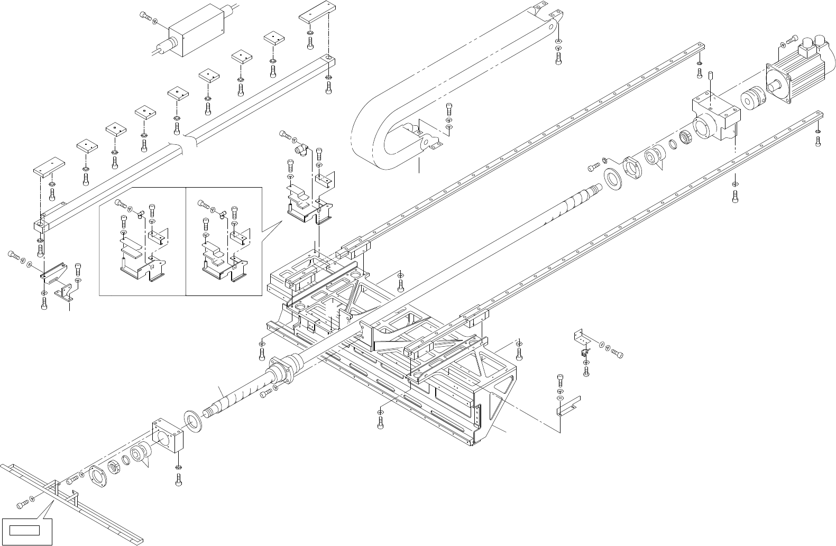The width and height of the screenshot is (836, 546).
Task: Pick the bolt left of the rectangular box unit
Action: point(145,16)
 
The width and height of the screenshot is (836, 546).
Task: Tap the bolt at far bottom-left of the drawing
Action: point(22,505)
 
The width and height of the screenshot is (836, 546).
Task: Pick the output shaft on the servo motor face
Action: point(774,84)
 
